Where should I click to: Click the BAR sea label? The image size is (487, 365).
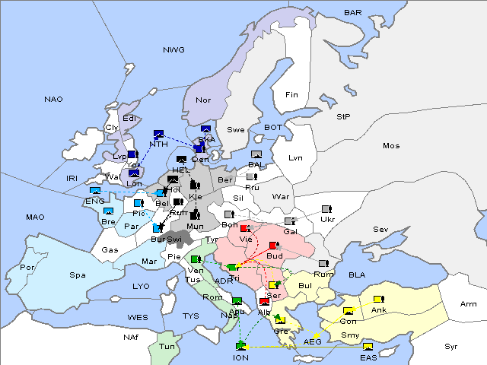tap(352, 13)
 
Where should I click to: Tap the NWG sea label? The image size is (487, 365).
tap(173, 50)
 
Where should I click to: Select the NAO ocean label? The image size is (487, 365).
tap(53, 100)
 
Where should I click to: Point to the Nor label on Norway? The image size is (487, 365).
tap(203, 100)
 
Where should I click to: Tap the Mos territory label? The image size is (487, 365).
tap(391, 145)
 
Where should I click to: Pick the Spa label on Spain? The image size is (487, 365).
tap(77, 275)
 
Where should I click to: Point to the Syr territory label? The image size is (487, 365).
tap(452, 346)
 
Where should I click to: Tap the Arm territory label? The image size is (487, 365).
tap(469, 304)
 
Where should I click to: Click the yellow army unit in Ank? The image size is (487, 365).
tap(378, 298)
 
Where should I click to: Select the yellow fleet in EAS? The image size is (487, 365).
tap(368, 348)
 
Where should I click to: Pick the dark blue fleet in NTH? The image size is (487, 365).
tap(158, 134)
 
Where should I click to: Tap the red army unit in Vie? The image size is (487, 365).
tap(244, 227)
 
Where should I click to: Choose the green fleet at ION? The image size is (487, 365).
tap(241, 347)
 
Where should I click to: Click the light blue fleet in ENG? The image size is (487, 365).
tap(95, 191)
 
